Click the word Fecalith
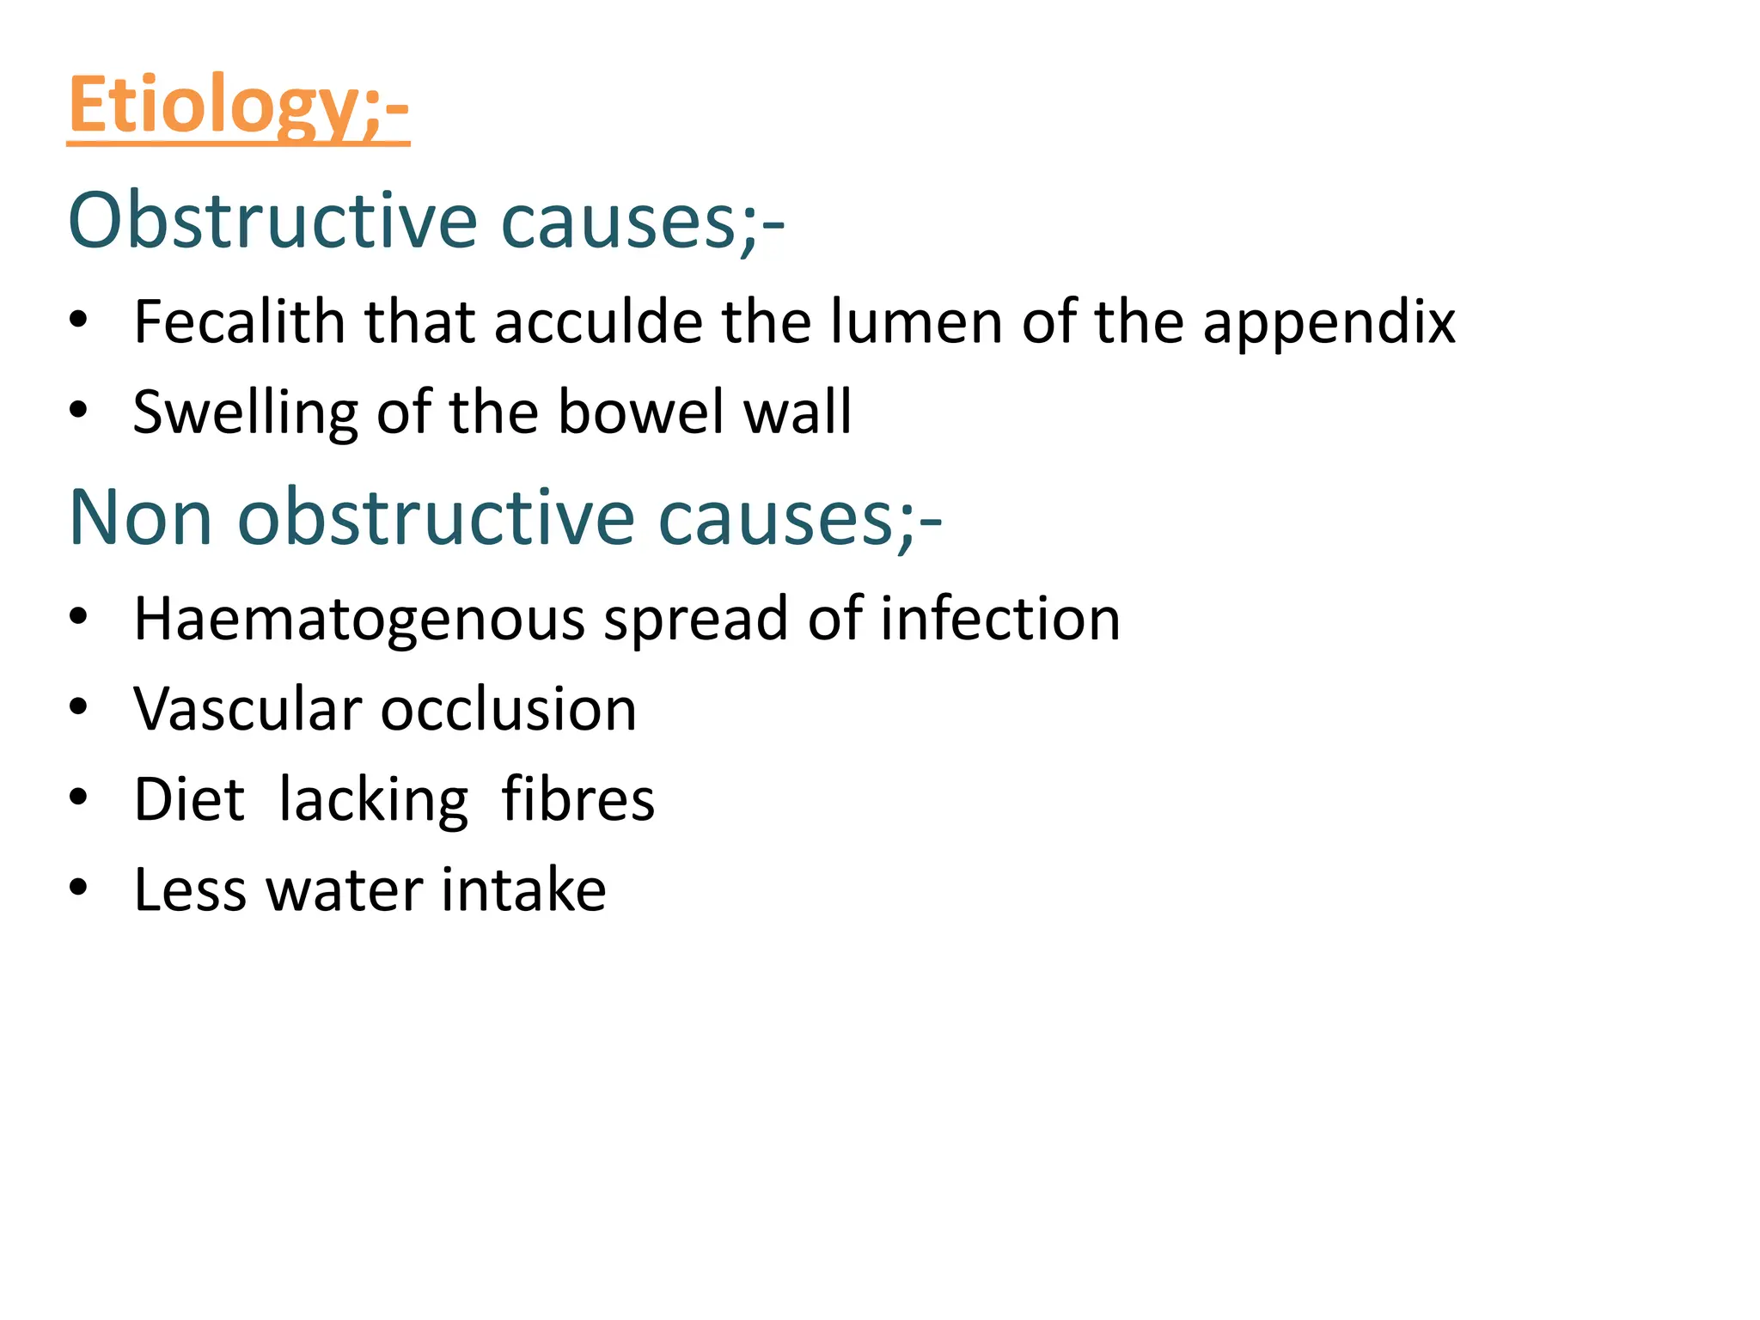pos(238,322)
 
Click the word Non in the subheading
pos(140,518)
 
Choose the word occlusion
pos(509,710)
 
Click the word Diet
pos(190,800)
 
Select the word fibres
pos(577,800)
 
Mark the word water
pos(345,889)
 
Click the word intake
pos(523,889)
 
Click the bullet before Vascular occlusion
pos(79,708)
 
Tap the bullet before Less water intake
pos(79,888)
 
